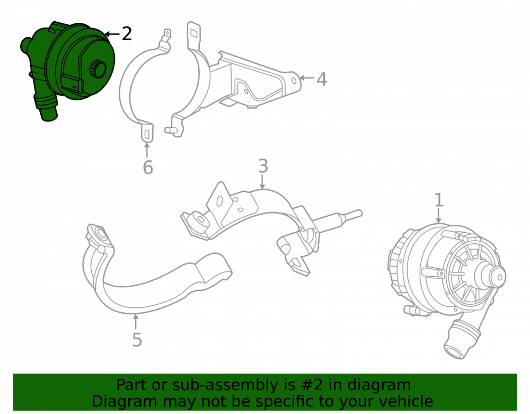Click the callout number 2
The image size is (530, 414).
(127, 34)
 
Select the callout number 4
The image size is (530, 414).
(322, 79)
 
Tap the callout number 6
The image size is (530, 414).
(148, 168)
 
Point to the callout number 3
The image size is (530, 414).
(263, 166)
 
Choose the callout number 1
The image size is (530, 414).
(438, 200)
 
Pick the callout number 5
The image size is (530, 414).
(137, 340)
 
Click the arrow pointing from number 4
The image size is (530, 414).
(306, 78)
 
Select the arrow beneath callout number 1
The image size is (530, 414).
(438, 216)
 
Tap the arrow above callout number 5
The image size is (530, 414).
(136, 321)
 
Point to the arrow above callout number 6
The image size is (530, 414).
(147, 150)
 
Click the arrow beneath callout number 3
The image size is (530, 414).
(262, 182)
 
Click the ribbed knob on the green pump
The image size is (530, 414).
(98, 68)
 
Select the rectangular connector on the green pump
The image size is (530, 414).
(72, 83)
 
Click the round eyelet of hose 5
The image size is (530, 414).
(101, 234)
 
